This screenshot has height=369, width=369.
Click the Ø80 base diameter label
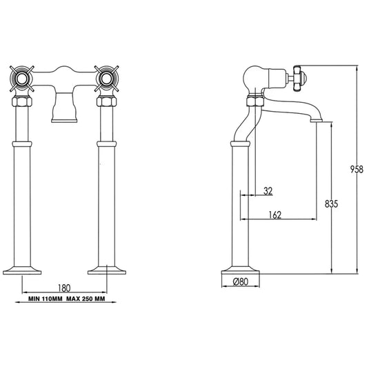tap(241, 281)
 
